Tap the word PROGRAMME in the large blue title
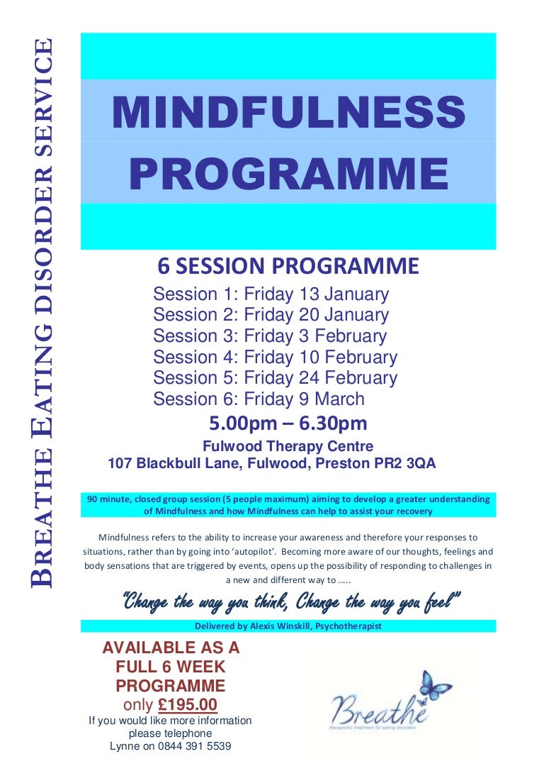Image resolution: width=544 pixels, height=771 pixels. tap(288, 172)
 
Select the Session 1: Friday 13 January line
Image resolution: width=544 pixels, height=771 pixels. tap(271, 294)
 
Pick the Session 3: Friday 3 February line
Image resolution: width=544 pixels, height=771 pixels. tap(270, 336)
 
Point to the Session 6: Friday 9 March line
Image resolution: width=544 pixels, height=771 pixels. tap(259, 399)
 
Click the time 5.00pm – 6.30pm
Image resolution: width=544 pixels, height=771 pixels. tap(288, 424)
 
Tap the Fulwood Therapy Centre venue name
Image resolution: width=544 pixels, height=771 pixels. tap(288, 447)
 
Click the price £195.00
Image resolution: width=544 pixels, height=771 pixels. tap(187, 705)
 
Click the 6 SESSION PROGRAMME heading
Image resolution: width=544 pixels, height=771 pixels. tap(288, 266)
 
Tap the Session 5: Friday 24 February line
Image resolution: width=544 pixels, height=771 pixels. tap(275, 378)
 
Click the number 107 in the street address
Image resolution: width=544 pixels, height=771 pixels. tap(120, 464)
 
